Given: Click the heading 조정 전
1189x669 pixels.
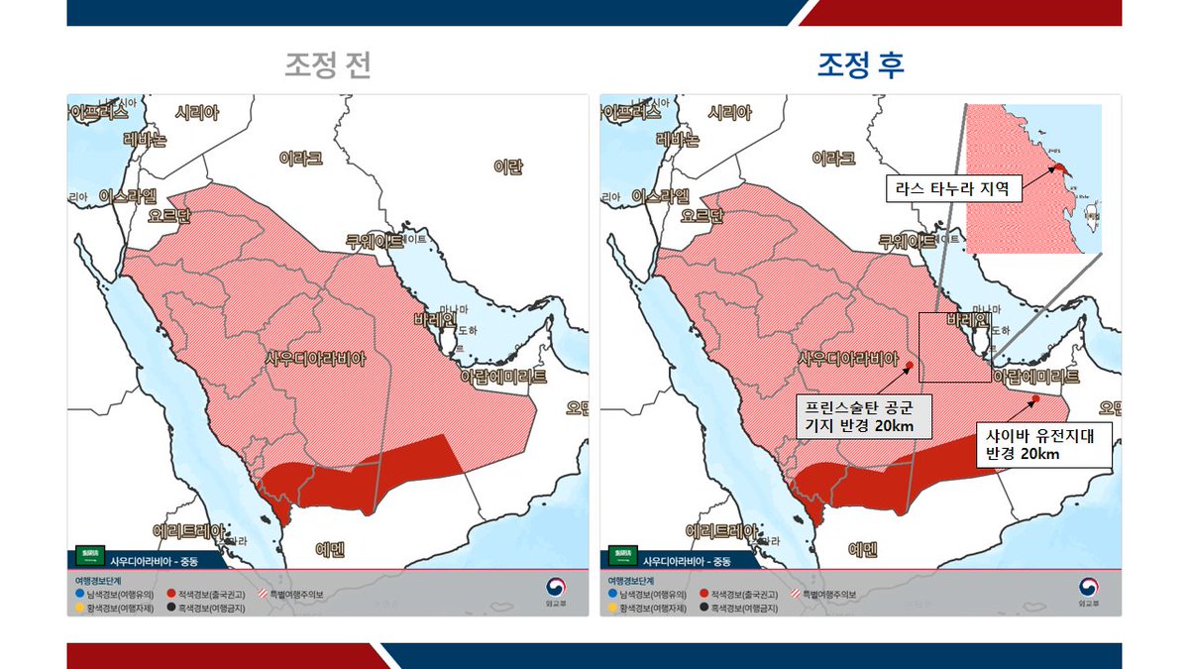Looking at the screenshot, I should [x=329, y=65].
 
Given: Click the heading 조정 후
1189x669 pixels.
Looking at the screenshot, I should [x=860, y=65].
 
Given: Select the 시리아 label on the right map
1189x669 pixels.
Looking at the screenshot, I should [x=730, y=113].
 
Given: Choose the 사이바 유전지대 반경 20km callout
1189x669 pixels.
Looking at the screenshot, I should [x=1043, y=444].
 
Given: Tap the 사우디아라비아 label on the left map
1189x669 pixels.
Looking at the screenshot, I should [x=316, y=359].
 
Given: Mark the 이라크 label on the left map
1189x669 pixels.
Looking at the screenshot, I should [x=300, y=158].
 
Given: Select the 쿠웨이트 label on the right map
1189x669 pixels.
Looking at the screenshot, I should [x=908, y=240].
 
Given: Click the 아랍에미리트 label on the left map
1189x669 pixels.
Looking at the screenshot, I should [x=503, y=377].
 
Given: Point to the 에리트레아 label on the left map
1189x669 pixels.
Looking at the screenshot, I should [x=188, y=530].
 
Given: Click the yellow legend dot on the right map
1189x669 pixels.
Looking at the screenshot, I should [x=612, y=608].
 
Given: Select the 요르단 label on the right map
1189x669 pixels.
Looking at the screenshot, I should [x=703, y=215].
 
